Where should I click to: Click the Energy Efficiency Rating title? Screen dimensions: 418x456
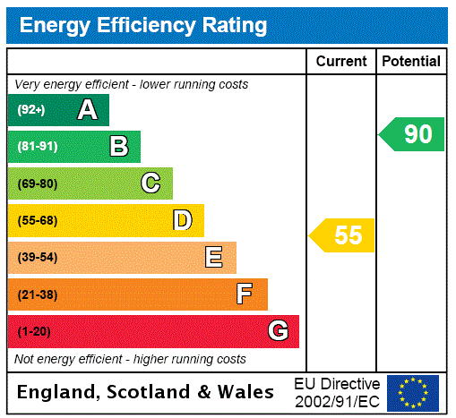coord(143,26)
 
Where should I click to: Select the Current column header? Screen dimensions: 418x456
coord(341,62)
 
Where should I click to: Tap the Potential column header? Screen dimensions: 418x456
coord(411,62)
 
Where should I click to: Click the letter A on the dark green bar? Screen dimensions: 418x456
coord(87,110)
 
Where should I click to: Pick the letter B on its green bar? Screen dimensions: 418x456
coord(118,146)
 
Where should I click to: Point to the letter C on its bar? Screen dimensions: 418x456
coord(151,183)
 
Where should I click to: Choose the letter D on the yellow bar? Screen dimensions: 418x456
coord(183,220)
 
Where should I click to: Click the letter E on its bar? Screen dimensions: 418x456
coord(214,258)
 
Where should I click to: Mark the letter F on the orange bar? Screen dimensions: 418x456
coord(245,294)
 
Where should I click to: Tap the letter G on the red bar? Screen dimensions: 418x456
coord(279,331)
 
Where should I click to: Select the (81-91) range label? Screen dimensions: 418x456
coord(37,146)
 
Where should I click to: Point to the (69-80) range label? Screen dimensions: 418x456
coord(37,183)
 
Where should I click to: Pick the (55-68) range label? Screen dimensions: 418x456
coord(37,220)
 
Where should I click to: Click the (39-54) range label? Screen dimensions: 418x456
coord(37,258)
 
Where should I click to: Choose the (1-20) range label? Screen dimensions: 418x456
coord(34,331)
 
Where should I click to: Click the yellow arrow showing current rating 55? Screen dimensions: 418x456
coord(343,235)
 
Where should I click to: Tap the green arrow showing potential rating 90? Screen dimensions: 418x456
coord(412,134)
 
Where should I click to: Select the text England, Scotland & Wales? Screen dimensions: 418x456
coord(146,392)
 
